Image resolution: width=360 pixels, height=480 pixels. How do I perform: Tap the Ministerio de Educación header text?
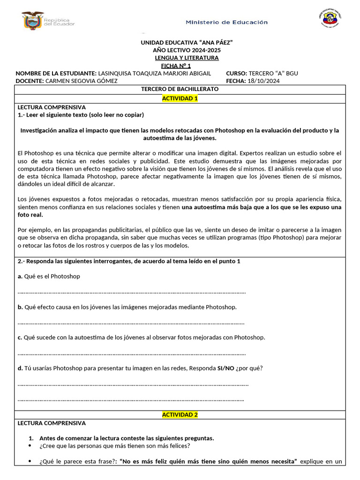(x=227, y=22)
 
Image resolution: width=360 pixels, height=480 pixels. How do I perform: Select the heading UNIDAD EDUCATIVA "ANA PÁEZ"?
(x=187, y=43)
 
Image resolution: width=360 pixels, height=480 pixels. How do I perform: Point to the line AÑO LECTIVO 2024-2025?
(x=187, y=50)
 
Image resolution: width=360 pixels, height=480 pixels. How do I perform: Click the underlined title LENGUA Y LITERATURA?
(x=187, y=58)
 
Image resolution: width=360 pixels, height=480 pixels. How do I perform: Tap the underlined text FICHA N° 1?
(x=176, y=66)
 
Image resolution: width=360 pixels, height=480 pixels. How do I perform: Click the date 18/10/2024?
(x=263, y=81)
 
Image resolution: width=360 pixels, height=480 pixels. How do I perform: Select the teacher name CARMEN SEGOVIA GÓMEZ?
(x=82, y=81)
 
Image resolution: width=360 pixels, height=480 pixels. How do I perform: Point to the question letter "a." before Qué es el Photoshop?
(x=20, y=276)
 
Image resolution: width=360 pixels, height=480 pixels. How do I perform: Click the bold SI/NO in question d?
(x=226, y=368)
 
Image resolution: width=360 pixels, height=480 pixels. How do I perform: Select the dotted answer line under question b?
(x=131, y=322)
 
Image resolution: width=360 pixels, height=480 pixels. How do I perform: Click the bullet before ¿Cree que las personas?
(x=31, y=446)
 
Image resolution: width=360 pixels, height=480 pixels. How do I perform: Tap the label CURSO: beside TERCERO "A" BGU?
(x=236, y=73)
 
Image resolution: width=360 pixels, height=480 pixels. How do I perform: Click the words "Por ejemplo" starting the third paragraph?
(x=33, y=230)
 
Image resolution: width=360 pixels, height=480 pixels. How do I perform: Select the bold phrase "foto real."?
(x=30, y=215)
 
